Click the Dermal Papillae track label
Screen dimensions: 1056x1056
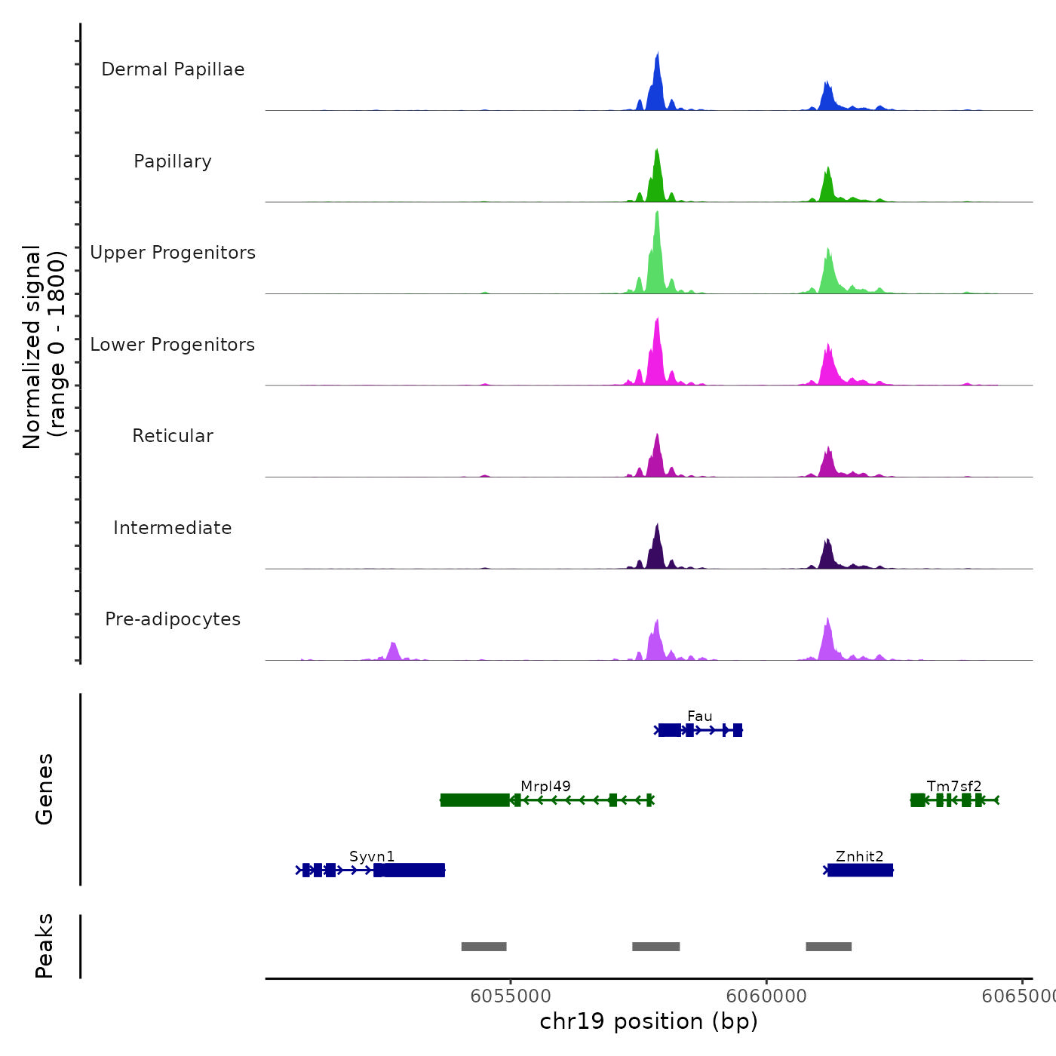pos(173,69)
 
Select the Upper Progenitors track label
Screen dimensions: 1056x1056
pos(173,253)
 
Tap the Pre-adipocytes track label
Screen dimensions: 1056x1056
pos(173,619)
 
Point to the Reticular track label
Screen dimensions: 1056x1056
pos(173,436)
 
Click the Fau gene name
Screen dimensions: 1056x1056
pos(699,716)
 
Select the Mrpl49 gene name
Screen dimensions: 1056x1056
pos(545,786)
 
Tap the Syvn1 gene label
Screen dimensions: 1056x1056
pos(372,856)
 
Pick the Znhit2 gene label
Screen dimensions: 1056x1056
pos(859,856)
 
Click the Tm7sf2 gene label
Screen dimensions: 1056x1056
pos(954,786)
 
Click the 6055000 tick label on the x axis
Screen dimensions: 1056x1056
pos(510,996)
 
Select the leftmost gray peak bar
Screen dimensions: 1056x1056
pos(483,947)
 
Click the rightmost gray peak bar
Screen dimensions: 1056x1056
pos(828,947)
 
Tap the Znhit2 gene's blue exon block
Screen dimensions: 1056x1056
pos(860,870)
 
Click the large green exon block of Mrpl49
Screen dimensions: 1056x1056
pos(474,800)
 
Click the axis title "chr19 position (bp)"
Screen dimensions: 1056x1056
pos(649,1021)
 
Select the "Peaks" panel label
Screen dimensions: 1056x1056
pos(45,946)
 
